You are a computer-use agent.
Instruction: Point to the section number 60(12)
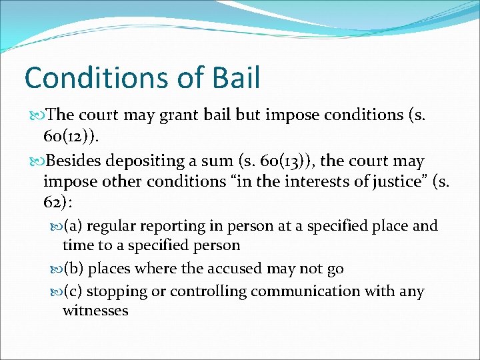point(73,137)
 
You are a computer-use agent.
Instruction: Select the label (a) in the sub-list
point(73,226)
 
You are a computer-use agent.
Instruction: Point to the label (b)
point(74,269)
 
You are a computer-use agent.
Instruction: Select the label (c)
point(73,291)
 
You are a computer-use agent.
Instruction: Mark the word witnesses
point(95,311)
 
